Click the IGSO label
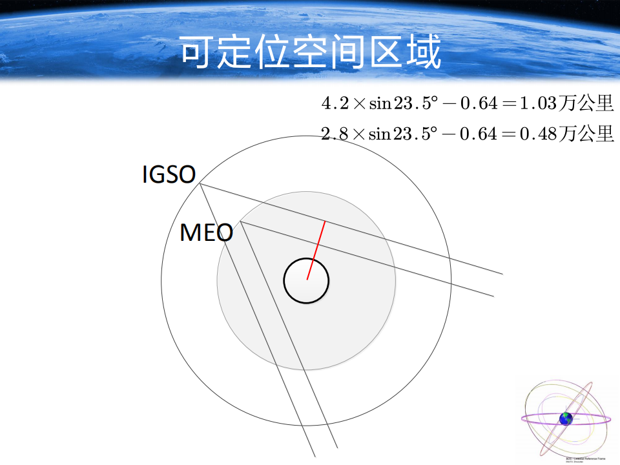[x=168, y=174]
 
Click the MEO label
[x=206, y=232]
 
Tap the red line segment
[x=316, y=249]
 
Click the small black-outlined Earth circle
[x=306, y=281]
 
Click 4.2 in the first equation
[x=335, y=103]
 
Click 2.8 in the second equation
[x=335, y=134]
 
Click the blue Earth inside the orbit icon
[x=566, y=418]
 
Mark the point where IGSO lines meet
[x=200, y=184]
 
